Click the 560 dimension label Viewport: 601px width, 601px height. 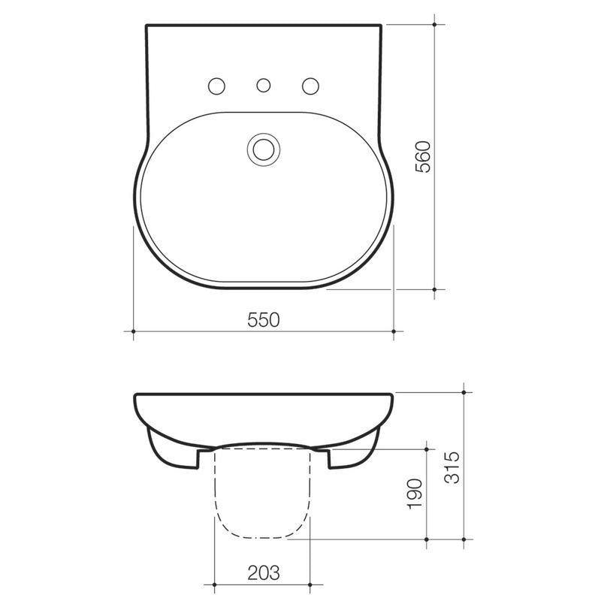pos(423,156)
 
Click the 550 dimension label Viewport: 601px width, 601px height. pos(264,320)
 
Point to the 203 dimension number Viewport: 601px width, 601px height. pos(262,573)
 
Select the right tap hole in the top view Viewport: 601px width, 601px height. pos(310,86)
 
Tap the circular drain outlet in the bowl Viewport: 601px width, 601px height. pos(264,148)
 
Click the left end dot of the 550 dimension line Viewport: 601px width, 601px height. pos(133,331)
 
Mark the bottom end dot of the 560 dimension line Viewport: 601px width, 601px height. pos(435,288)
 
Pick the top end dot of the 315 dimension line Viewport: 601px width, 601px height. pos(466,392)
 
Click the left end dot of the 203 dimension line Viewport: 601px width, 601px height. pos(215,584)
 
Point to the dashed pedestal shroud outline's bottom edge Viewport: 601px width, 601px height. pos(262,539)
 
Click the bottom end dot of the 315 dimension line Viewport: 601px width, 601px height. pos(466,539)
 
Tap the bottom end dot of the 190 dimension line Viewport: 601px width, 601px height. pos(427,539)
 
